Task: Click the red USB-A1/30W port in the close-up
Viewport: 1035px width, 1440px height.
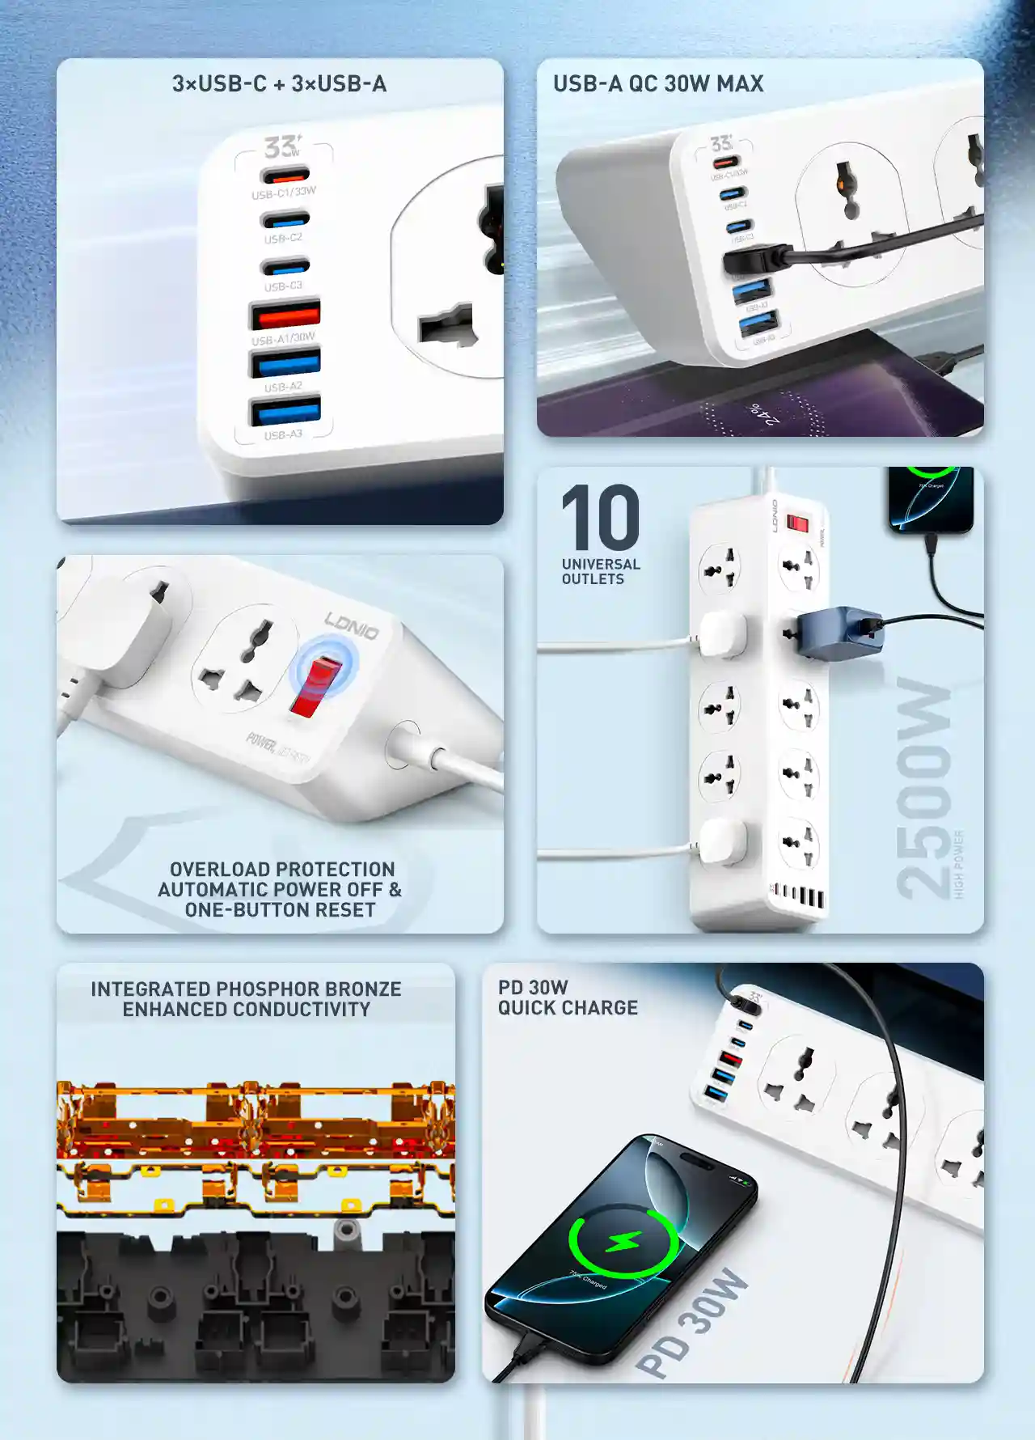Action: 285,314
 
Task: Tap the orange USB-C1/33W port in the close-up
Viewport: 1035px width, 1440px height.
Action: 285,175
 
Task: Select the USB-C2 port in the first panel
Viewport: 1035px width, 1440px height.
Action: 285,220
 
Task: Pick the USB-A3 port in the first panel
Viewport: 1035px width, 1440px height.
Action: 285,411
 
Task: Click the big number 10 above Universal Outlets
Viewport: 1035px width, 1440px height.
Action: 600,518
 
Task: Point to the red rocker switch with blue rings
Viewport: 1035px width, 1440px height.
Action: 316,687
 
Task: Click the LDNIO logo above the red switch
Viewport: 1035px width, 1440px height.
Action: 352,625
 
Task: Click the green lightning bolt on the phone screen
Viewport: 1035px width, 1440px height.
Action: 623,1241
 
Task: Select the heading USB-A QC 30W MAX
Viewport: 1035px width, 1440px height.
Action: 658,83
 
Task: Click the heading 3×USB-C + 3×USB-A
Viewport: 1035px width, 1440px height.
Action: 279,83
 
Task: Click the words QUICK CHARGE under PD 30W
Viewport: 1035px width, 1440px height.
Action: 568,1008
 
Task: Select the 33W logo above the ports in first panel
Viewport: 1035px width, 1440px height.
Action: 282,146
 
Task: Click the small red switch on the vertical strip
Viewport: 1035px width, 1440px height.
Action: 798,524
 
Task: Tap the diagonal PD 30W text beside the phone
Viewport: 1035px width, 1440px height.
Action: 691,1323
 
